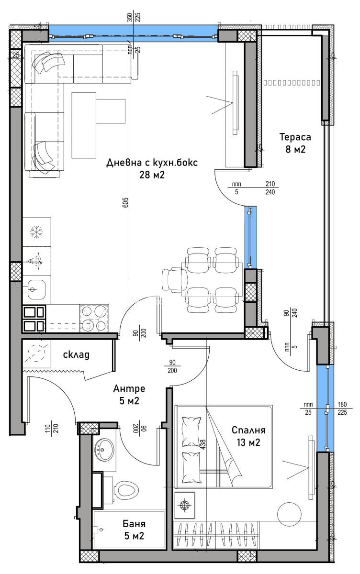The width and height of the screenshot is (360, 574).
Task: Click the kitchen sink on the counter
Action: pos(35,289)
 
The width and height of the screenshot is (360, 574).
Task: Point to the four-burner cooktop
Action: pos(94,318)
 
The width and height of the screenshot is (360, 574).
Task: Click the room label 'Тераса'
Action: pos(295,137)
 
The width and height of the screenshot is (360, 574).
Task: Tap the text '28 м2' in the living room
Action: pos(152,175)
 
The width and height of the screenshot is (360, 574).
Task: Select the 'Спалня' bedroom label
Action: pos(248,430)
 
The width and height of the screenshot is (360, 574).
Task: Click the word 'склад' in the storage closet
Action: pos(77,354)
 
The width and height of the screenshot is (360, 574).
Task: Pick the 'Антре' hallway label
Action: pos(129,388)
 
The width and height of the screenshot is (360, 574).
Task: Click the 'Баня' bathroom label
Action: pos(134,524)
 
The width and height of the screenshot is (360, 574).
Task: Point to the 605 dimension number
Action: pos(125,202)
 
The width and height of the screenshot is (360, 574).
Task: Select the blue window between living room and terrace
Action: pos(250,237)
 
